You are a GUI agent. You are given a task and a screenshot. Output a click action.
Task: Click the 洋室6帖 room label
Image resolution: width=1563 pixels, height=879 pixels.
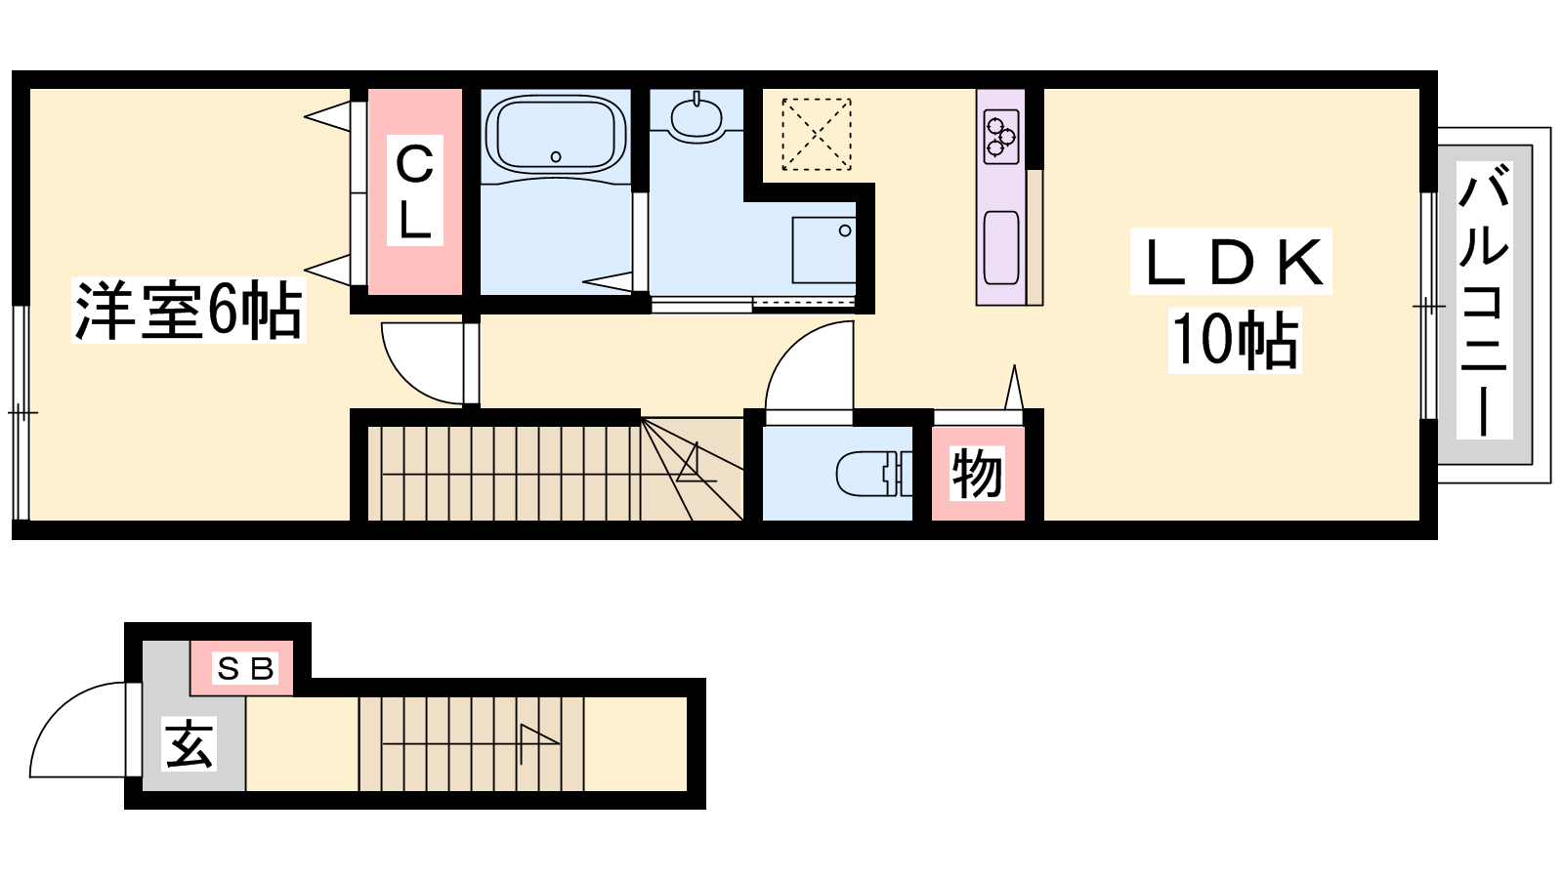(x=189, y=311)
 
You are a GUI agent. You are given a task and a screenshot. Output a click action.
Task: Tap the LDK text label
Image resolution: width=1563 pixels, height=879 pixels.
(x=1232, y=263)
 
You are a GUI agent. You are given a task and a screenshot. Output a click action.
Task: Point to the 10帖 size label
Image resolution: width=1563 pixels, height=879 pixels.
(x=1235, y=340)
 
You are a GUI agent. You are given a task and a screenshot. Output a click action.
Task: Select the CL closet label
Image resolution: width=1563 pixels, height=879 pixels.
(x=415, y=190)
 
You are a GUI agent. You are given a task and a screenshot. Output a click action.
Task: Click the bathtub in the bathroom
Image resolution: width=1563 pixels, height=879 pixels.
(x=556, y=134)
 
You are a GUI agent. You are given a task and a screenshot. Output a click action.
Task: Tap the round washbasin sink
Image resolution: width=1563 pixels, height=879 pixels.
(x=696, y=116)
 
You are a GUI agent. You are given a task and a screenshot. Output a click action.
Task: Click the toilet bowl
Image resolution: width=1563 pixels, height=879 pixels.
(x=873, y=473)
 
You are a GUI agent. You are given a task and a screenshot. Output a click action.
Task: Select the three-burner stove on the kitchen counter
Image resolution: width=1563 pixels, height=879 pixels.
(x=1001, y=136)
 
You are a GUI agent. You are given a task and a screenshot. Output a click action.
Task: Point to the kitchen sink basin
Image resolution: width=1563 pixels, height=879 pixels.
(x=1001, y=248)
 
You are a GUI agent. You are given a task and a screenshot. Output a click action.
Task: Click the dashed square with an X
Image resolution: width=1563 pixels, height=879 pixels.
(x=817, y=134)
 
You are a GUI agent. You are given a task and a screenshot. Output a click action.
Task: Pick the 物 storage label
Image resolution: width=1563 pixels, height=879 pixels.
(x=978, y=474)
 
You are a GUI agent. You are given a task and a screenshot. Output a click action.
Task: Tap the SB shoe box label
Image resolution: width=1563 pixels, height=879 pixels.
(x=245, y=669)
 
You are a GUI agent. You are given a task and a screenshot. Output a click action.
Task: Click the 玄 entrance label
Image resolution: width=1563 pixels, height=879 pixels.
(x=190, y=743)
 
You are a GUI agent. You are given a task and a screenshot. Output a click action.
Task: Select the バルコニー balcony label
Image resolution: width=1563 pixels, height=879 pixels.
(x=1484, y=301)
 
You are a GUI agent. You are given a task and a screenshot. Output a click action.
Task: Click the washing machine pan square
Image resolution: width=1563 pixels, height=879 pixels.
(x=824, y=250)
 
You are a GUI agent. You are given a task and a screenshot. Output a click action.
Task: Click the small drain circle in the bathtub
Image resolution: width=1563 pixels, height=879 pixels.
(x=556, y=156)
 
